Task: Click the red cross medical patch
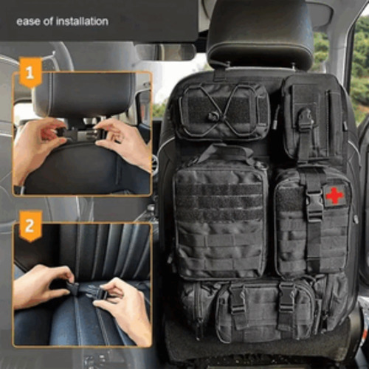pyautogui.click(x=334, y=195)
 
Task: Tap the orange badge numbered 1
pyautogui.click(x=30, y=74)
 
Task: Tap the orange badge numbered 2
pyautogui.click(x=30, y=227)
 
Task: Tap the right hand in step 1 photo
pyautogui.click(x=125, y=140)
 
